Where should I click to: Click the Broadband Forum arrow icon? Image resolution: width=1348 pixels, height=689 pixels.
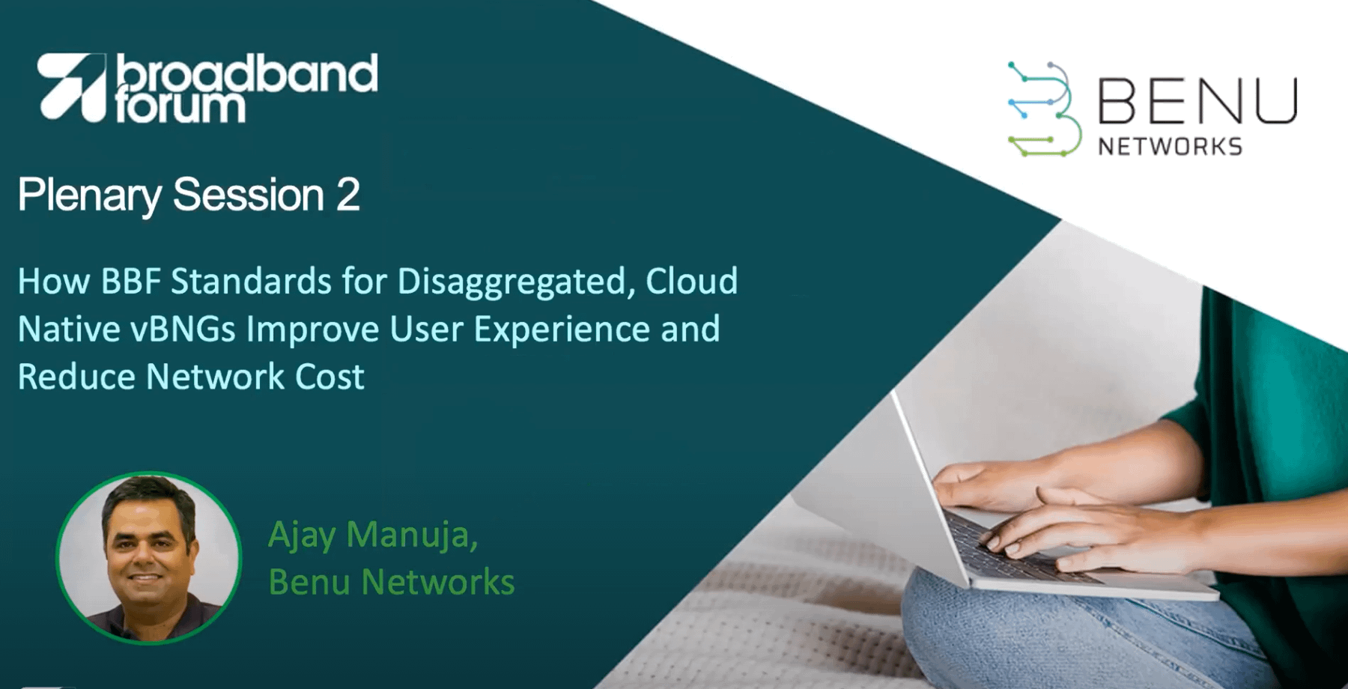72,87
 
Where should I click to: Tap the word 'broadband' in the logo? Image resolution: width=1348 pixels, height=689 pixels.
247,73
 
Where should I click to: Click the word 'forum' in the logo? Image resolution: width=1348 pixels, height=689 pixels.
180,106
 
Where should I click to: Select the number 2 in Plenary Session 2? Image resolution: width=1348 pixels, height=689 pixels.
348,195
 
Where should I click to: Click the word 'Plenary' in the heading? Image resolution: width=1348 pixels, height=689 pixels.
90,197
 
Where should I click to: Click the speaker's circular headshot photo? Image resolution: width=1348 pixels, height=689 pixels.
149,557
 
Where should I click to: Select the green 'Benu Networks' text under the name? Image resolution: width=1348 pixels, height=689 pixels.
392,582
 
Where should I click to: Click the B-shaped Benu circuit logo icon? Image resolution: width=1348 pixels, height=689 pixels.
1045,109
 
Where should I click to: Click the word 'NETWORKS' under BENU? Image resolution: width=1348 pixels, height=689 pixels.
1171,146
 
